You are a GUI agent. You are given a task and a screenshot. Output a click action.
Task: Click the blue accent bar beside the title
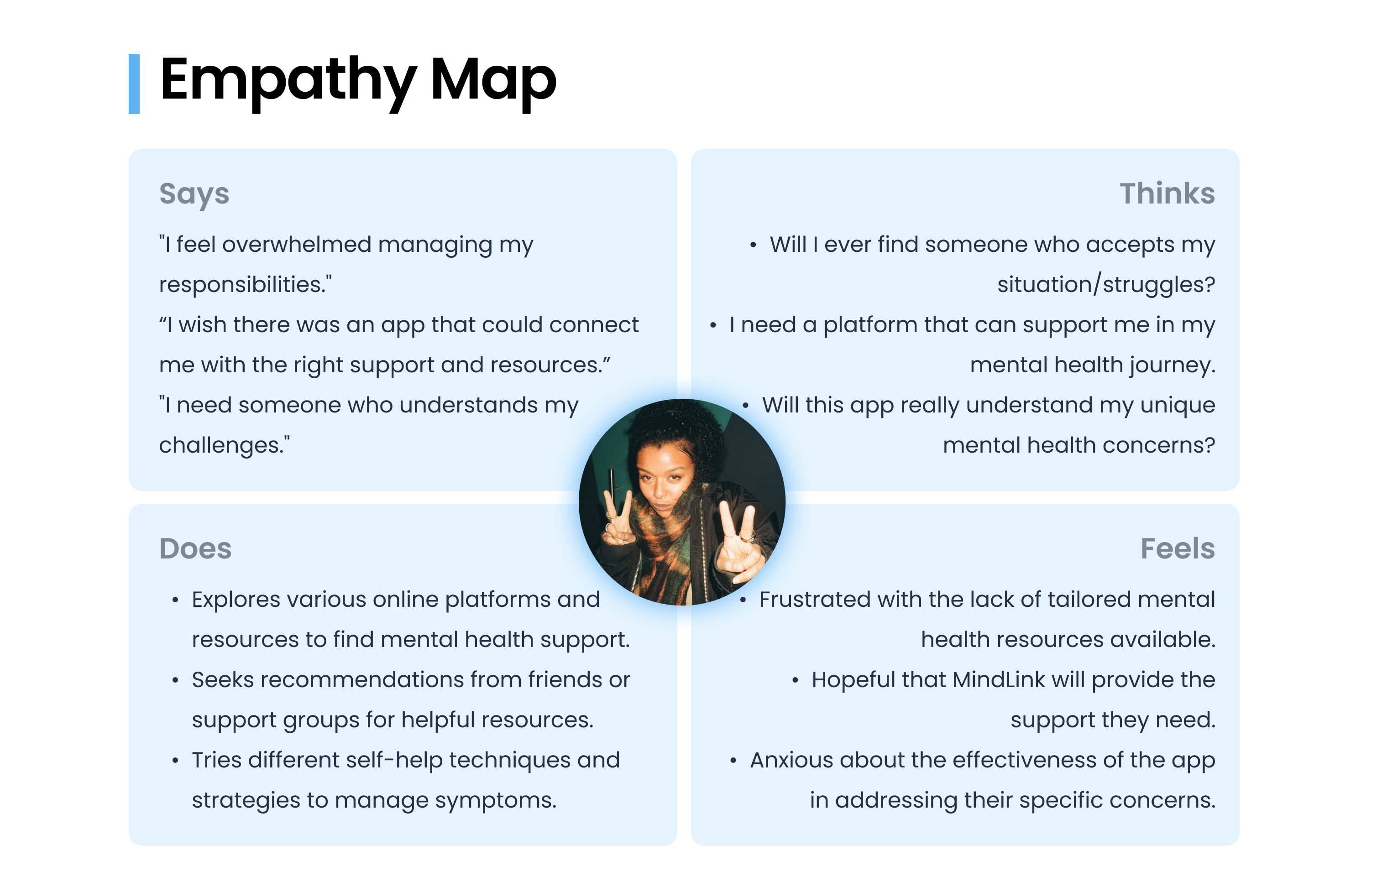[134, 83]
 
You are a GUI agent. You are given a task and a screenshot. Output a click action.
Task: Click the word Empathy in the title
[288, 81]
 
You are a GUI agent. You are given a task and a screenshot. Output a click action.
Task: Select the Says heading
[194, 193]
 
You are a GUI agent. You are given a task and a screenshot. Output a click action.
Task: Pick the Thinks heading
[1167, 193]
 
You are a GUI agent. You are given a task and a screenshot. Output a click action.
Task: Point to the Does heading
[195, 548]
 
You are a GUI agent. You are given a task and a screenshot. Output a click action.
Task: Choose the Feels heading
[1177, 548]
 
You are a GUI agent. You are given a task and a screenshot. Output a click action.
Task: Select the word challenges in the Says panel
[221, 445]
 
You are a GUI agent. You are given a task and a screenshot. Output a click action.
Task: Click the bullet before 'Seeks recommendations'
[175, 681]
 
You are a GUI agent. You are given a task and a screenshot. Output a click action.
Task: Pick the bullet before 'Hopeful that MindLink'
[795, 681]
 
